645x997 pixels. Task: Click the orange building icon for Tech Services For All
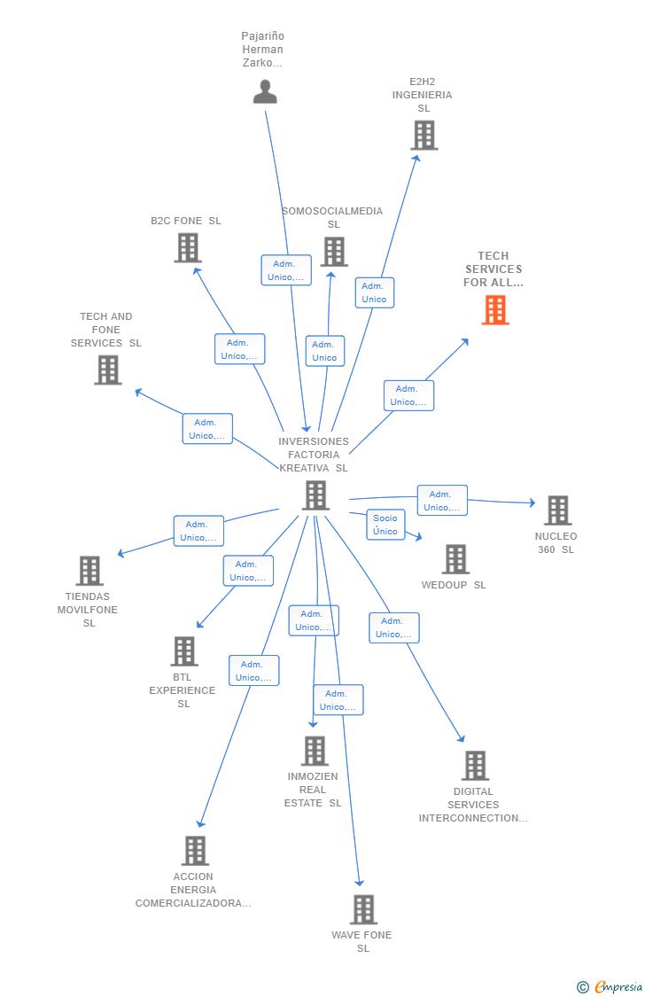(x=495, y=310)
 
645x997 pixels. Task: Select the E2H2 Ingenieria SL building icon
(x=424, y=136)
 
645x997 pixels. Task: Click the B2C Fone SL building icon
(x=188, y=248)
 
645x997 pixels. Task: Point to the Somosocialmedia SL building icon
(x=334, y=252)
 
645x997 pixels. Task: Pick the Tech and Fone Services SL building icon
(x=108, y=370)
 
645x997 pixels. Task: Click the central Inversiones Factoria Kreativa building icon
(x=315, y=495)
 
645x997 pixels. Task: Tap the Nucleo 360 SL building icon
(x=557, y=510)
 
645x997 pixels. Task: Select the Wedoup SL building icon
(x=455, y=559)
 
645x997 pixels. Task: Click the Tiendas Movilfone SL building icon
(x=89, y=571)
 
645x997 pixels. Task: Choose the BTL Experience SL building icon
(x=184, y=651)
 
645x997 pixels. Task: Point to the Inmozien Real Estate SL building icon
(x=315, y=751)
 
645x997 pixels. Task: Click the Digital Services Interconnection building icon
(x=476, y=766)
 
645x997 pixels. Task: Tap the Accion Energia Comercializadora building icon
(x=195, y=851)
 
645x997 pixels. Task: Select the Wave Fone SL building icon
(x=363, y=909)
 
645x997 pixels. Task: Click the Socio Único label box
(x=385, y=525)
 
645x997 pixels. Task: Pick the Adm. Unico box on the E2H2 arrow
(x=375, y=292)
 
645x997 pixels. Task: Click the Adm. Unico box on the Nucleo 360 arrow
(x=442, y=501)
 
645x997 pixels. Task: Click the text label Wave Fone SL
(x=362, y=941)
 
